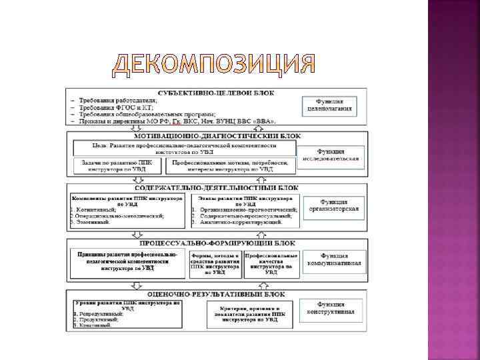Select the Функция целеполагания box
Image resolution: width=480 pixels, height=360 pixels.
tap(329, 105)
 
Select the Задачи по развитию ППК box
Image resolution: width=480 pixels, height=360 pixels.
tap(117, 166)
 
